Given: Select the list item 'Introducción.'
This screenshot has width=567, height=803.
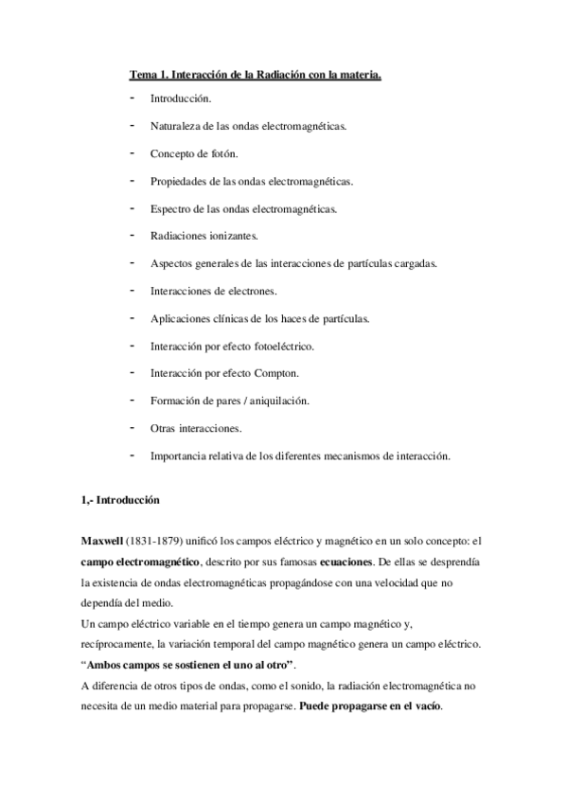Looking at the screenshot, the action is pos(181,98).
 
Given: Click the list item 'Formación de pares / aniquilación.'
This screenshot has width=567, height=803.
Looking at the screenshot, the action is pos(230,401).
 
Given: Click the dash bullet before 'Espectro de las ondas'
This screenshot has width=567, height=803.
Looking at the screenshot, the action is pos(130,207).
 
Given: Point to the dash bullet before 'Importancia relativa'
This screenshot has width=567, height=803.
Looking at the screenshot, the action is pos(130,455).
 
